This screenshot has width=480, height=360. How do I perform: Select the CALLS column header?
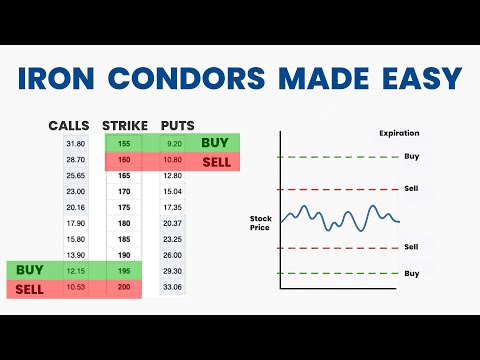coord(71,126)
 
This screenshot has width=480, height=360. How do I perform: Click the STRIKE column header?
coord(125,126)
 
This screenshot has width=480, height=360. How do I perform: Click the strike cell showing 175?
coord(125,207)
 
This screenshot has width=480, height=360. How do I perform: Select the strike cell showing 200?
coord(125,288)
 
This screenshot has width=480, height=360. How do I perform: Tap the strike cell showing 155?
coord(125,143)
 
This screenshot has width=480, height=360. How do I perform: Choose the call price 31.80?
coord(74,143)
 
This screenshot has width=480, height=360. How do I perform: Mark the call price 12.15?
coord(74,271)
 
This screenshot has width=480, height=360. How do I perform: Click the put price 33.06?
coord(173,288)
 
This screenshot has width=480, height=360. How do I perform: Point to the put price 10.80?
coord(173,159)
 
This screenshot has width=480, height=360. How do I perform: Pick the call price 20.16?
coord(74,207)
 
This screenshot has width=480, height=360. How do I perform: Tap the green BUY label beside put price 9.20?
coord(215,143)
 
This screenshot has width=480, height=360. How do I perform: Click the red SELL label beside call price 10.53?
coord(31,288)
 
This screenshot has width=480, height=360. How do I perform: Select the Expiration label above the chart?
coord(400,133)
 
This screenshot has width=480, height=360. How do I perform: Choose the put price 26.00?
coord(173,256)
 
